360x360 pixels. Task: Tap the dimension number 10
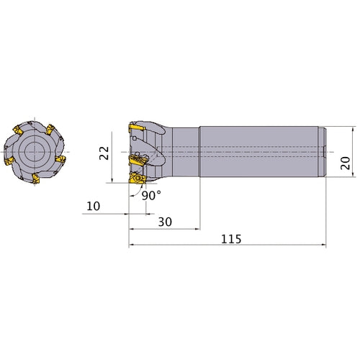coord(93,206)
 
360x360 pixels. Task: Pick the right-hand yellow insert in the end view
coord(60,157)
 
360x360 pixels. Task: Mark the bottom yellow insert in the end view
coord(36,178)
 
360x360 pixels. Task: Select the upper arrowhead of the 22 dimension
coord(113,135)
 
